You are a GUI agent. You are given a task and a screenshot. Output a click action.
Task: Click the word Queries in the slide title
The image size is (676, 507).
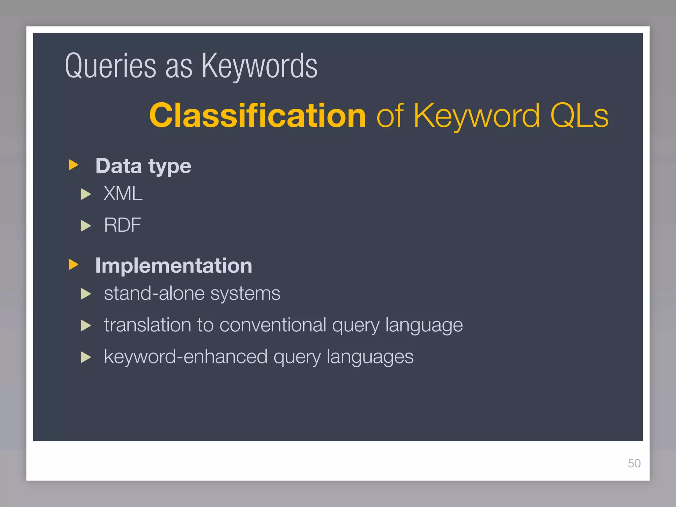[x=111, y=66]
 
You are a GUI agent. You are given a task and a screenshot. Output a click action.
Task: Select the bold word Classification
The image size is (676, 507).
[x=257, y=115]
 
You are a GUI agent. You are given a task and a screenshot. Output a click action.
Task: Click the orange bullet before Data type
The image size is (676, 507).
[x=73, y=165]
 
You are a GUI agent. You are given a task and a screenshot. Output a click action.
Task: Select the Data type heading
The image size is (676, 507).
[x=143, y=166]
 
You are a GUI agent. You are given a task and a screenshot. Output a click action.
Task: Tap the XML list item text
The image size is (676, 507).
[x=123, y=193]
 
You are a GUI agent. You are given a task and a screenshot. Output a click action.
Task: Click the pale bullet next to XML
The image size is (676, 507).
[x=85, y=194]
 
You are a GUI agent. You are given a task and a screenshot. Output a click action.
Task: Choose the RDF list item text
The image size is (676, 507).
[x=122, y=225]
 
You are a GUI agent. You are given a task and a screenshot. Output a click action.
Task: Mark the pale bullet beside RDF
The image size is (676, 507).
[x=85, y=226]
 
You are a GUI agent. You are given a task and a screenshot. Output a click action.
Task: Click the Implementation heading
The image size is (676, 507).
[x=174, y=266]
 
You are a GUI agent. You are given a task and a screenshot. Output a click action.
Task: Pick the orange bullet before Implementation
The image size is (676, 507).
[x=73, y=264]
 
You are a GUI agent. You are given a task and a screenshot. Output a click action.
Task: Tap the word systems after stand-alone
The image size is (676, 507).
[x=245, y=293]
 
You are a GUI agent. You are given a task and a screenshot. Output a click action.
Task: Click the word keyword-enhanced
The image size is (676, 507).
[x=186, y=356]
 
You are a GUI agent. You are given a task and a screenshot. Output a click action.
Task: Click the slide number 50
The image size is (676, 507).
[x=634, y=463]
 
